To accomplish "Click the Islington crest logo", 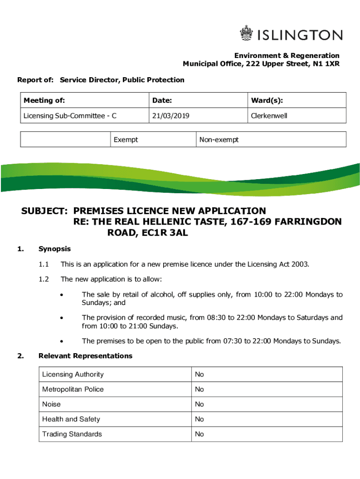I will (x=246, y=34).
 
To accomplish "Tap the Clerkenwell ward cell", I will (x=269, y=116).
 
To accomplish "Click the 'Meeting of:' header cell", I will (x=44, y=100).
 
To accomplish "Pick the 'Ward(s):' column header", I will (x=267, y=100).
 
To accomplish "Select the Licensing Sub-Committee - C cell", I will (x=70, y=116).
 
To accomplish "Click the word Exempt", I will (x=126, y=139).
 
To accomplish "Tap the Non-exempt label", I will (x=219, y=139).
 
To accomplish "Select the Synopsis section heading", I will (x=55, y=249).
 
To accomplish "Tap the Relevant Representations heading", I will (x=86, y=356).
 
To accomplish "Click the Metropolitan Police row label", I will (x=73, y=389).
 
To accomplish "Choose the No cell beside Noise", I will (x=200, y=404).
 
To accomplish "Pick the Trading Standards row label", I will (x=72, y=434).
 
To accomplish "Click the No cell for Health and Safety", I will (x=200, y=419).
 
